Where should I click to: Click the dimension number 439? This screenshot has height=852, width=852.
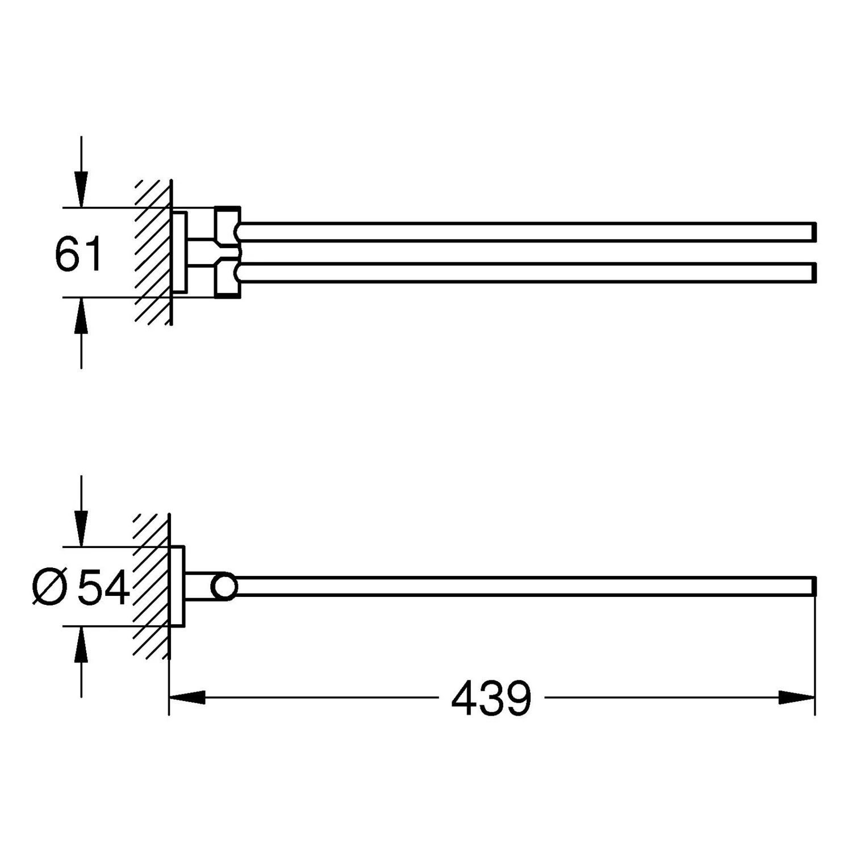491,698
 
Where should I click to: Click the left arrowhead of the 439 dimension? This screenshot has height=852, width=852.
187,698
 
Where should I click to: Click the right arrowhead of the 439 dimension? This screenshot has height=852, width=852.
797,698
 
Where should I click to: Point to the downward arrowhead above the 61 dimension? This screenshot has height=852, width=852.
82,190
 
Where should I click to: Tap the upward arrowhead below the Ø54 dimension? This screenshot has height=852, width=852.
82,644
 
